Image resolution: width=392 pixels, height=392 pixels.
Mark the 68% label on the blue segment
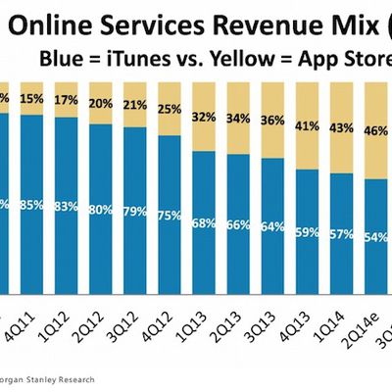pos(204,221)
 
